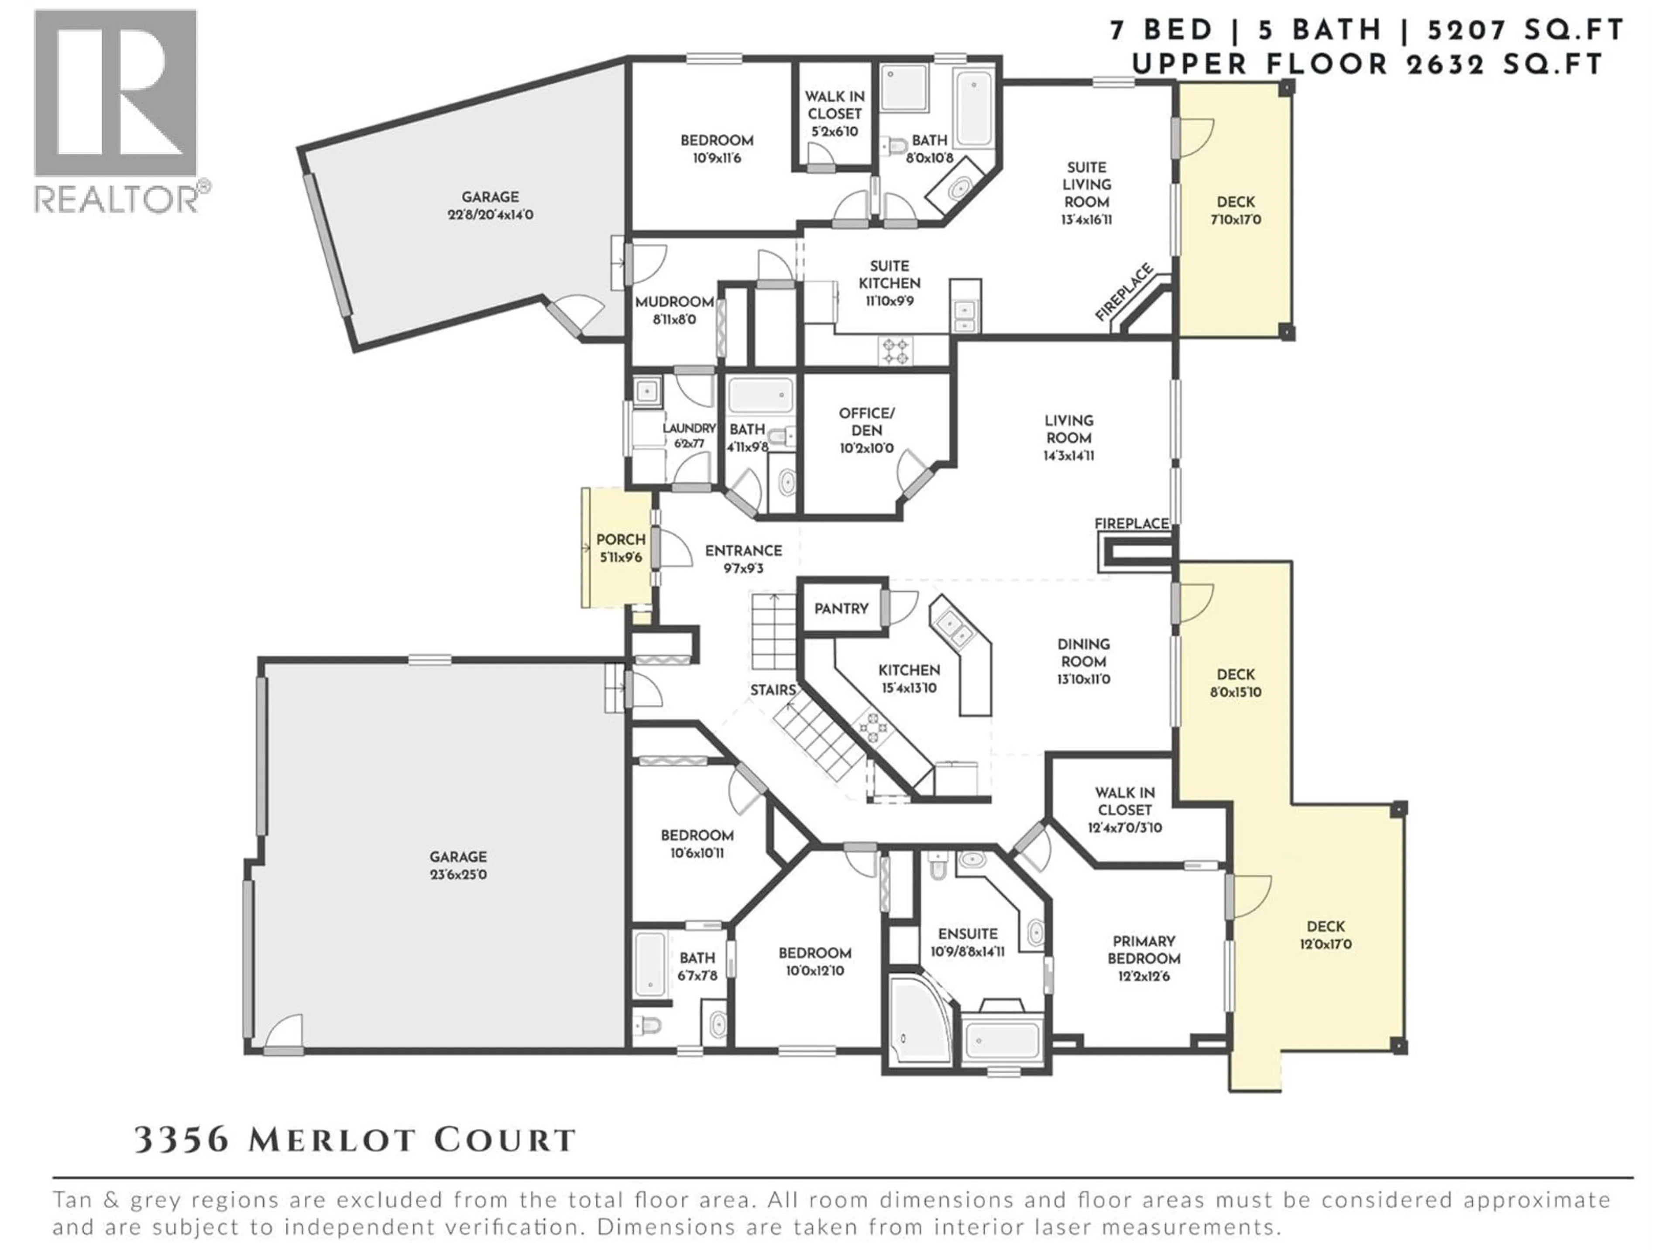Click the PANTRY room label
tap(841, 608)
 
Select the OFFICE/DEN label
tap(866, 421)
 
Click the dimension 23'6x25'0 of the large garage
tap(458, 874)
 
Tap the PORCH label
tap(621, 539)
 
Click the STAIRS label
tap(773, 690)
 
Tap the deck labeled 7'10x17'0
tap(1235, 211)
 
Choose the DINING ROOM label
tap(1083, 653)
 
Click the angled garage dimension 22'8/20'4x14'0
tap(490, 214)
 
